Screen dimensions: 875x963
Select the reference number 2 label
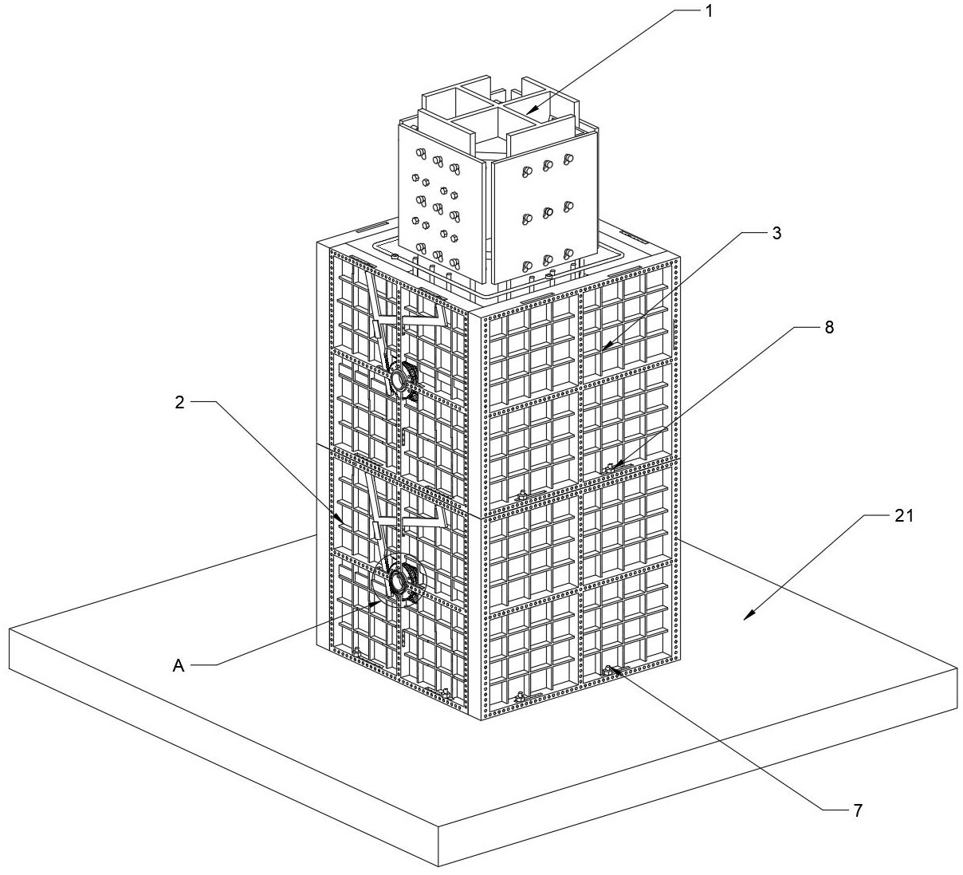180,402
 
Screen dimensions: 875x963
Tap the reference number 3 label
776,233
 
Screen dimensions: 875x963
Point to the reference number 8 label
830,326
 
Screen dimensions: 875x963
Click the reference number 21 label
903,516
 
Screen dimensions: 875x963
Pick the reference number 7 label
857,810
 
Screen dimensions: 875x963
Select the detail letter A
179,664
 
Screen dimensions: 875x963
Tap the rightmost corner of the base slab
957,670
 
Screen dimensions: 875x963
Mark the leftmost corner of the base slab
9,629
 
